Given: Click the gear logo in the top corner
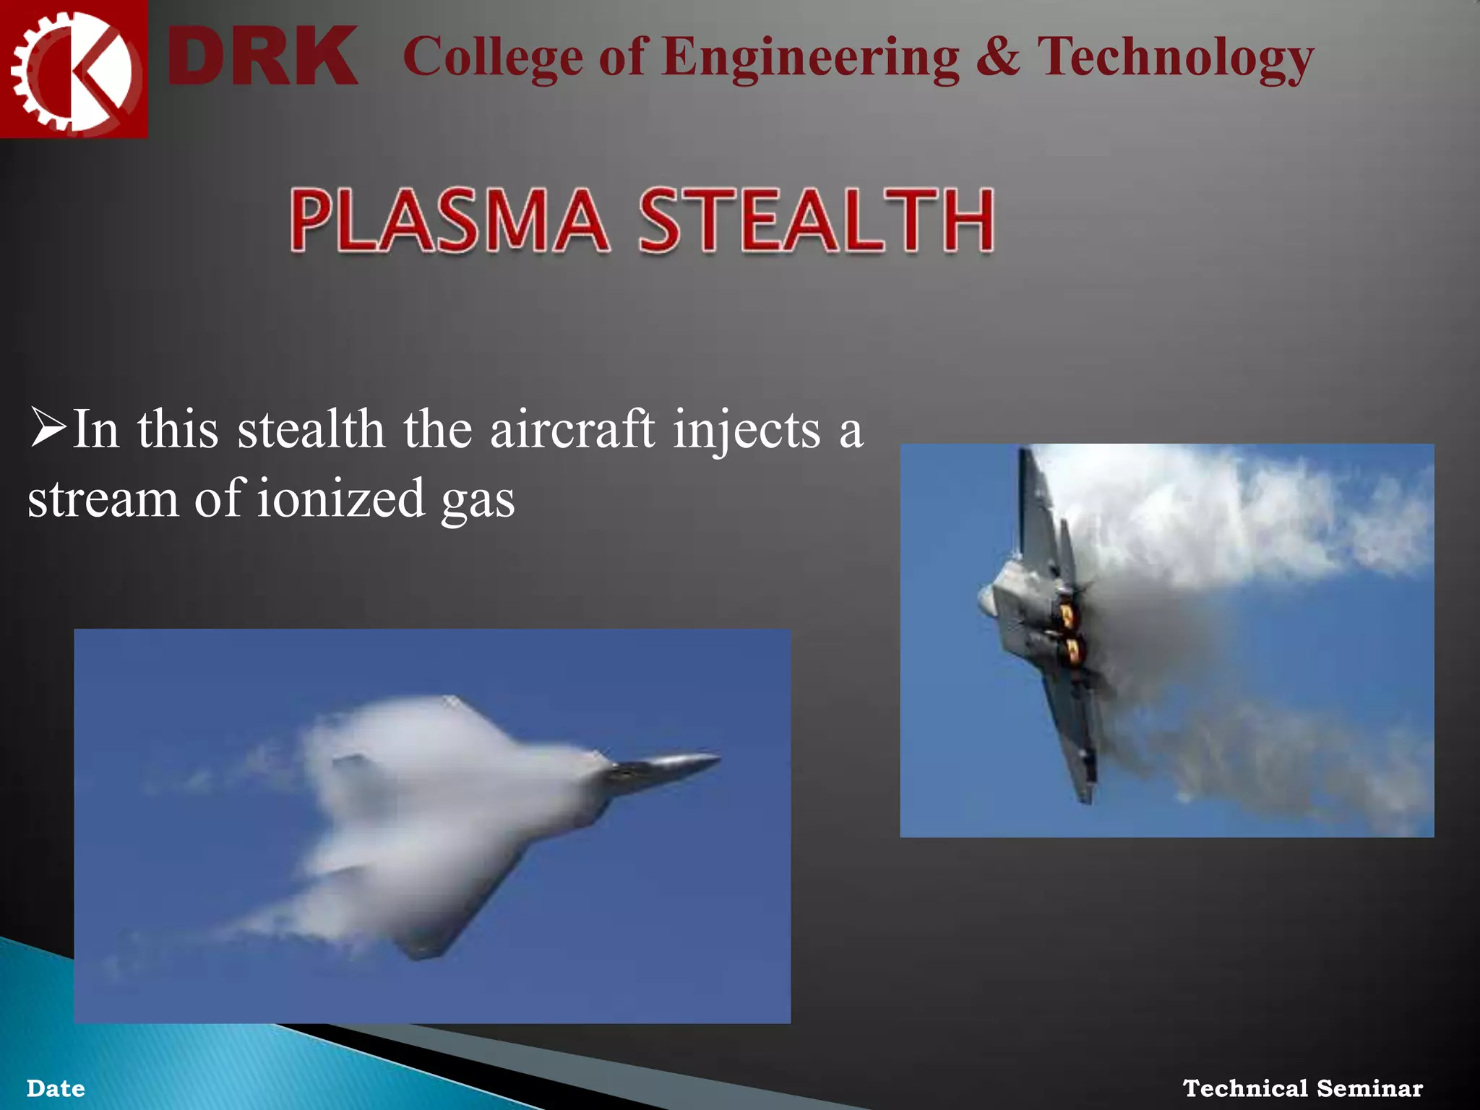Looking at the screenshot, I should (x=72, y=69).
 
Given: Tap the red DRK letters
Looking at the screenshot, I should (x=262, y=56).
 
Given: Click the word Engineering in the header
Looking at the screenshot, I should (x=810, y=58).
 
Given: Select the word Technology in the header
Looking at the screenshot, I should (x=1175, y=58).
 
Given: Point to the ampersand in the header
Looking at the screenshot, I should (x=998, y=56).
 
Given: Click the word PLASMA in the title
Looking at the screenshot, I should (x=448, y=220).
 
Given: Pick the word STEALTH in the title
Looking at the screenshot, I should (x=817, y=220).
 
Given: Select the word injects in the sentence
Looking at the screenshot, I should (x=747, y=431).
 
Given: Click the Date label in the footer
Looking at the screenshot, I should (x=56, y=1088).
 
